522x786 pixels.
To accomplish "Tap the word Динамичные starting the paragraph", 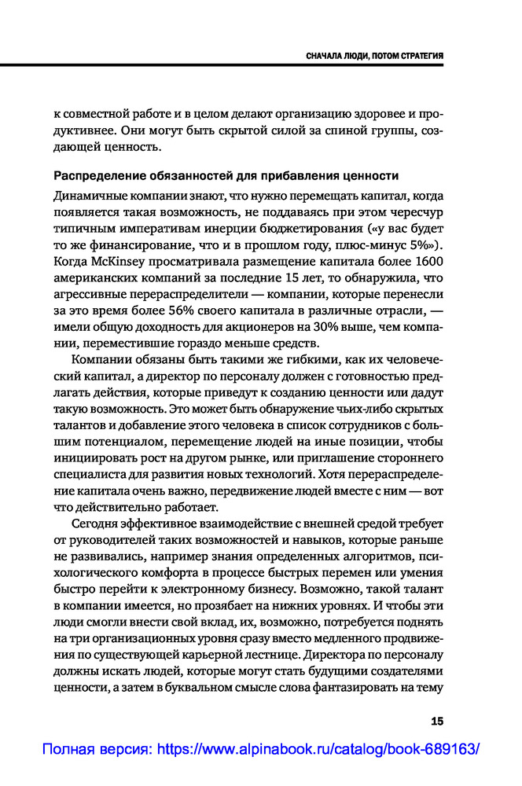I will [x=88, y=196].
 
